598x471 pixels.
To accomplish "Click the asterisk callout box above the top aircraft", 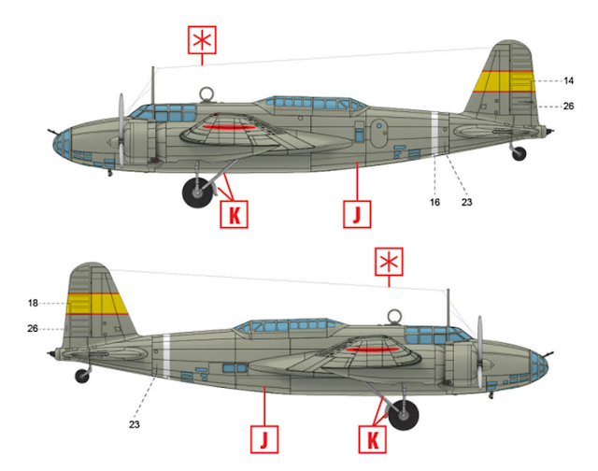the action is coord(201,42).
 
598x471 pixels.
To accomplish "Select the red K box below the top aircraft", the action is coord(234,215).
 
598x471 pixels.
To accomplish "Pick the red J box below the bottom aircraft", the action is coord(263,436).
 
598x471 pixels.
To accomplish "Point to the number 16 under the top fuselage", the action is coord(435,200).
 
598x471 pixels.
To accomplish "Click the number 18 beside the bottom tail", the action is coord(33,303).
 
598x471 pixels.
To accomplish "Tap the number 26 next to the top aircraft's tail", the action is coord(568,107).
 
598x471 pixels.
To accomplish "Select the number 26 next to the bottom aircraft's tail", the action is coord(33,328).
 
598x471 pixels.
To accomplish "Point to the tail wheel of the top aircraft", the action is coord(519,154).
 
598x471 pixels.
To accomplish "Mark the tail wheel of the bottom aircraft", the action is coord(82,376).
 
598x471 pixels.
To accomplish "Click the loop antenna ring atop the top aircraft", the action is coord(206,93).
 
